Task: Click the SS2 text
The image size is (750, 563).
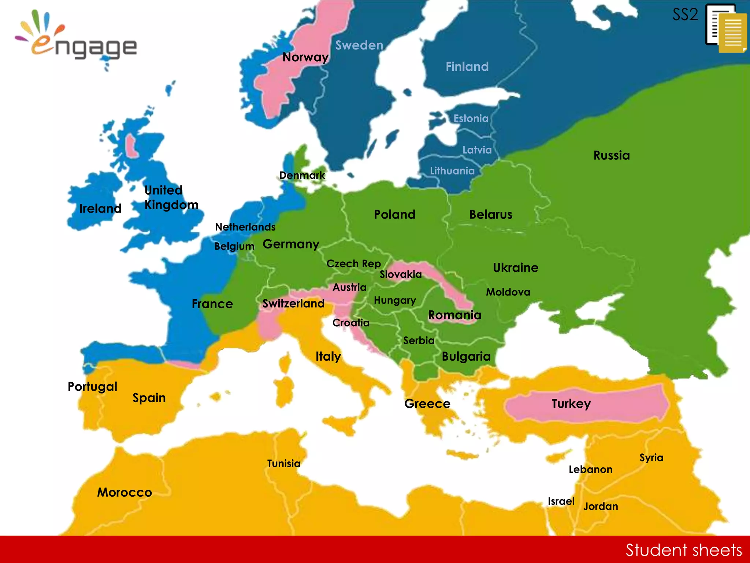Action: point(685,15)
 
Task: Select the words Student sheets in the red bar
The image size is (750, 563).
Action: point(683,550)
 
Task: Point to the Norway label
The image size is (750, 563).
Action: point(305,57)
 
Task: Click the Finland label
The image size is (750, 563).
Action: point(467,67)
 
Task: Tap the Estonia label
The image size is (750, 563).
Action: point(471,118)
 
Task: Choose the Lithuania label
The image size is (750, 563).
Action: point(452,171)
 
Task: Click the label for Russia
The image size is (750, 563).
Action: point(611,155)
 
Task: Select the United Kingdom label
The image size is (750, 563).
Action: point(171,198)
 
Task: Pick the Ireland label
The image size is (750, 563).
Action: point(100,209)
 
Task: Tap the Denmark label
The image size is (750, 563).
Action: point(302,175)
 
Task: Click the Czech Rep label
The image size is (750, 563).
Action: point(353,264)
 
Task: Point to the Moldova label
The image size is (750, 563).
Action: point(508,292)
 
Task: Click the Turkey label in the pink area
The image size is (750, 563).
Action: point(571,404)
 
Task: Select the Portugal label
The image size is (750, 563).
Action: point(92,387)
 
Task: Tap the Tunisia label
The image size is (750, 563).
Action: point(283,464)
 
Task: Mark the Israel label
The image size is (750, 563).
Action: point(561,501)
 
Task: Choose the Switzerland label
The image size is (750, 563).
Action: point(293,303)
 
